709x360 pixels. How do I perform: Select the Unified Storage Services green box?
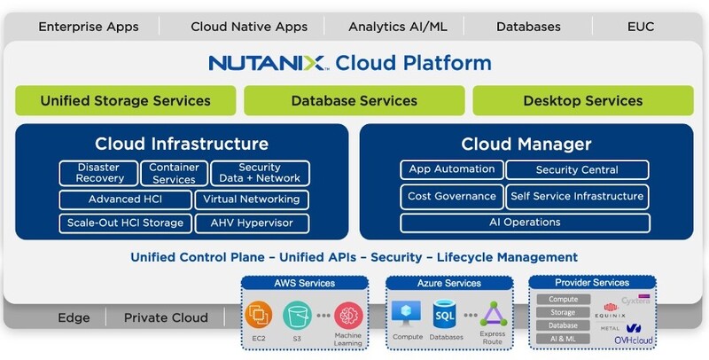pyautogui.click(x=125, y=101)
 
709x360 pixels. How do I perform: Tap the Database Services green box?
pyautogui.click(x=354, y=101)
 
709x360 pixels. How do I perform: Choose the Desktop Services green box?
pyautogui.click(x=583, y=101)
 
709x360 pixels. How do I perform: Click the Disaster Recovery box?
pyautogui.click(x=99, y=173)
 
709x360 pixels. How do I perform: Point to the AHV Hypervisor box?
pyautogui.click(x=252, y=223)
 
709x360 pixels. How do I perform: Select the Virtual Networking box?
pyautogui.click(x=252, y=199)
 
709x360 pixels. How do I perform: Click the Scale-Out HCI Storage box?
pyautogui.click(x=124, y=223)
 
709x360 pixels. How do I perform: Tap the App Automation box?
pyautogui.click(x=451, y=169)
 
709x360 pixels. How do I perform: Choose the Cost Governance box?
pyautogui.click(x=451, y=196)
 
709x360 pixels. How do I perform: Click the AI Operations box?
pyautogui.click(x=525, y=222)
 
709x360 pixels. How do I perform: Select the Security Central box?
pyautogui.click(x=577, y=169)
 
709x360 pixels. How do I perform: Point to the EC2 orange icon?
pyautogui.click(x=259, y=313)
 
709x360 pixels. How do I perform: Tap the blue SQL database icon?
pyautogui.click(x=444, y=313)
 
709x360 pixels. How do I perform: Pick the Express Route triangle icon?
pyautogui.click(x=493, y=315)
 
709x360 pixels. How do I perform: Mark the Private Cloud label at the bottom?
pyautogui.click(x=166, y=317)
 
